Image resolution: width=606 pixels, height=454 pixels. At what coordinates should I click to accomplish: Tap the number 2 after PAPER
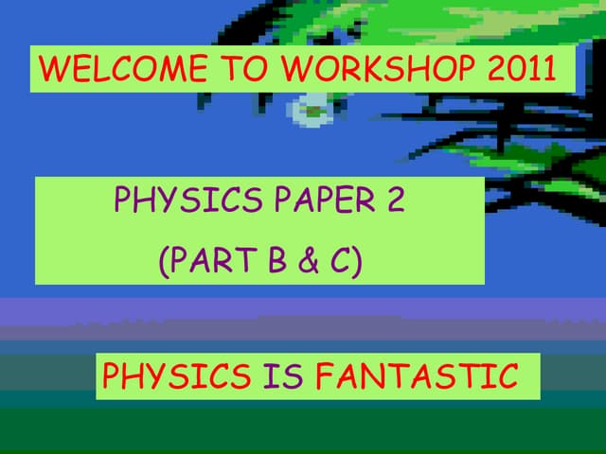(396, 201)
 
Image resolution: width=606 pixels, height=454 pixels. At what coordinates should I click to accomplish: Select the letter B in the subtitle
(277, 259)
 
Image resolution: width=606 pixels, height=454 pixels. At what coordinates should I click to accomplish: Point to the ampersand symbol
(311, 259)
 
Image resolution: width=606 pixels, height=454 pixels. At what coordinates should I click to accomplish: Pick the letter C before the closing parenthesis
(341, 259)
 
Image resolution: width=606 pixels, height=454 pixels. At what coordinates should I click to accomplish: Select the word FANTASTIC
(417, 376)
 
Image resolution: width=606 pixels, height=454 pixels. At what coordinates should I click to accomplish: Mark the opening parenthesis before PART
(163, 260)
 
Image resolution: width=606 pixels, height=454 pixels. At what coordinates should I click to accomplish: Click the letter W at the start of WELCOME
(53, 69)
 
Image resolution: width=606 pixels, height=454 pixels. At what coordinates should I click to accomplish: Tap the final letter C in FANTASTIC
(508, 376)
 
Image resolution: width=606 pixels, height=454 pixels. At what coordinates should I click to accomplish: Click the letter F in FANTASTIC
(325, 376)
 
